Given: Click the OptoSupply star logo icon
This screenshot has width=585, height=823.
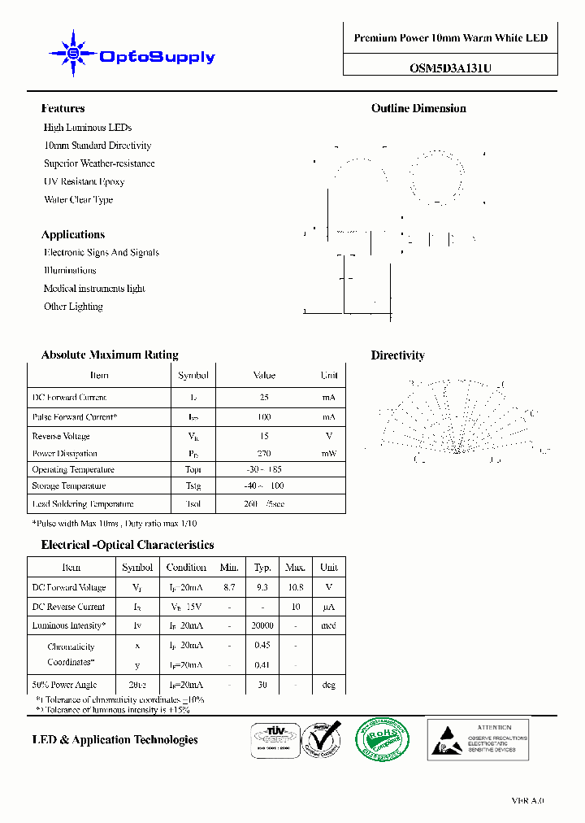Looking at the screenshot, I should [x=72, y=54].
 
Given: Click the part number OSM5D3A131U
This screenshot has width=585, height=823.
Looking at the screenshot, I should [x=450, y=69].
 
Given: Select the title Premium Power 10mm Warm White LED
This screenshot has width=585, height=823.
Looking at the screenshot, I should [x=450, y=38].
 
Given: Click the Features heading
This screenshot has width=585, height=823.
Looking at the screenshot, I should [x=63, y=108].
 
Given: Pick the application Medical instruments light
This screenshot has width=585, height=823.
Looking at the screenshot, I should [x=94, y=289].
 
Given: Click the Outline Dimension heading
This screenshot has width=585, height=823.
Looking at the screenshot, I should [x=418, y=108].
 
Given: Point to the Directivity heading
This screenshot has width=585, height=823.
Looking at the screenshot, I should [x=397, y=355].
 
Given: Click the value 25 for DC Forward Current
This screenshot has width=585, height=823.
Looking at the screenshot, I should [x=264, y=398].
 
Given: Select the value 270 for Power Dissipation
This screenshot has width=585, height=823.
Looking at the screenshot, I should [x=264, y=454].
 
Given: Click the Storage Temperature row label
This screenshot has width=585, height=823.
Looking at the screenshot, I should [x=69, y=486].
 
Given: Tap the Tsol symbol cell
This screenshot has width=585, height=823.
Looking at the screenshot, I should [x=193, y=504].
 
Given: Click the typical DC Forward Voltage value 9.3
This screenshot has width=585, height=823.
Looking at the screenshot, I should [x=262, y=587].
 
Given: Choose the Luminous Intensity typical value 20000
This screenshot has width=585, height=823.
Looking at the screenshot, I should [x=262, y=626].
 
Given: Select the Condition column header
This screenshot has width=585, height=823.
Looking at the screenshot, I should [x=186, y=568].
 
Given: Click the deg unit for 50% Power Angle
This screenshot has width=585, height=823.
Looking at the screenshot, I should [x=328, y=686].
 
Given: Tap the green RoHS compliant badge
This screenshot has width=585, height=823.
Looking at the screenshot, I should [x=382, y=739].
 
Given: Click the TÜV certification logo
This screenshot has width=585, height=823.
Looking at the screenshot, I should [x=271, y=739].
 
